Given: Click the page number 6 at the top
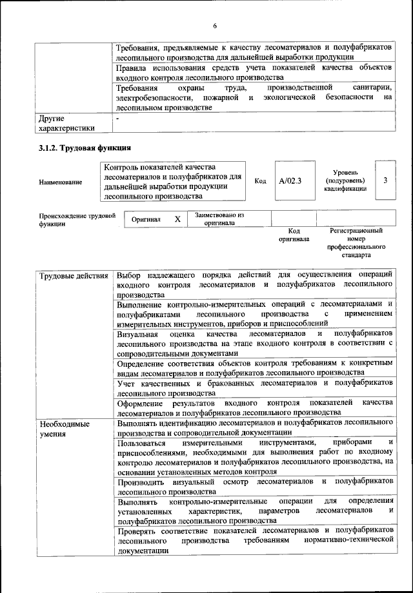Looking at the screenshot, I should pyautogui.click(x=215, y=25).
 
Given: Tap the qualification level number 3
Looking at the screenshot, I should pyautogui.click(x=385, y=180).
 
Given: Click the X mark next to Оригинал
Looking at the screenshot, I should pyautogui.click(x=177, y=219).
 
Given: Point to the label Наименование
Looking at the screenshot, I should pyautogui.click(x=60, y=182).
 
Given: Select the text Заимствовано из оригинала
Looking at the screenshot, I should pyautogui.click(x=219, y=219).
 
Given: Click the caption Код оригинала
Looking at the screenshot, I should pyautogui.click(x=294, y=235).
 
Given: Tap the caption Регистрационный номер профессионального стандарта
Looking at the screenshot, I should pyautogui.click(x=356, y=242).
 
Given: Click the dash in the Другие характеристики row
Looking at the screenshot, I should pyautogui.click(x=117, y=119).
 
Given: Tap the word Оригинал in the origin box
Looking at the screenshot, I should pyautogui.click(x=146, y=219).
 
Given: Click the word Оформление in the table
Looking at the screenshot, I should pyautogui.click(x=140, y=402).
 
